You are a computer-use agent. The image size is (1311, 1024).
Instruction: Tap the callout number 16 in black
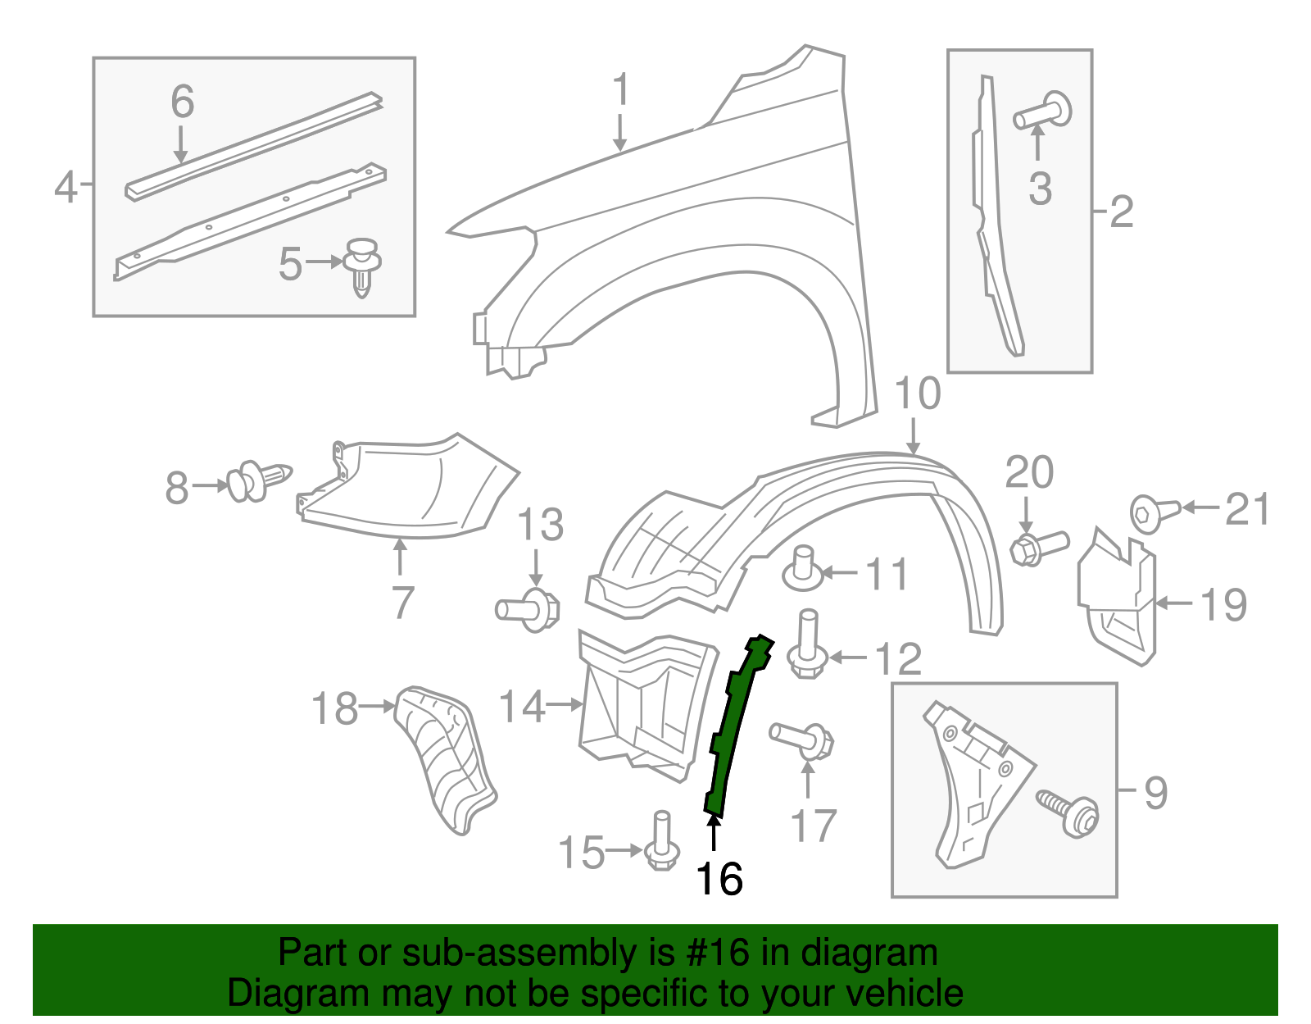pyautogui.click(x=719, y=880)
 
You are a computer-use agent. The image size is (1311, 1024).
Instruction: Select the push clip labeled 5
pyautogui.click(x=362, y=266)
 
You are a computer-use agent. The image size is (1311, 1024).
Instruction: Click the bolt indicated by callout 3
pyautogui.click(x=1045, y=112)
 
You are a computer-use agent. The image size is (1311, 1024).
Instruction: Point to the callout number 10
pyautogui.click(x=917, y=394)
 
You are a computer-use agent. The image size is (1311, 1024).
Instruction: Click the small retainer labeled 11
pyautogui.click(x=803, y=570)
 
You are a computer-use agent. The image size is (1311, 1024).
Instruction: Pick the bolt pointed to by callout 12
pyautogui.click(x=807, y=644)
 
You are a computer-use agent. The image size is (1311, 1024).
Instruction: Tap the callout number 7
pyautogui.click(x=401, y=603)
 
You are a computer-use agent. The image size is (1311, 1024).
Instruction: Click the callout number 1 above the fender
pyautogui.click(x=621, y=89)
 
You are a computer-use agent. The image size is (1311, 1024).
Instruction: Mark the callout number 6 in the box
pyautogui.click(x=182, y=102)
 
